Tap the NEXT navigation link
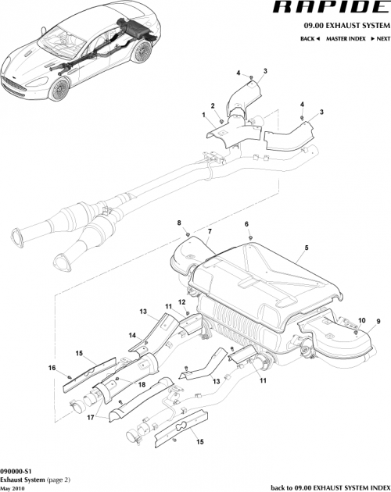pos(380,38)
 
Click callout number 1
pos(205,115)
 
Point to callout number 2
pos(212,105)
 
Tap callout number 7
pos(210,232)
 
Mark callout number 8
pos(179,224)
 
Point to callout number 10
pos(361,320)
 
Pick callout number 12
pos(181,302)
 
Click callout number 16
pos(52,367)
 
